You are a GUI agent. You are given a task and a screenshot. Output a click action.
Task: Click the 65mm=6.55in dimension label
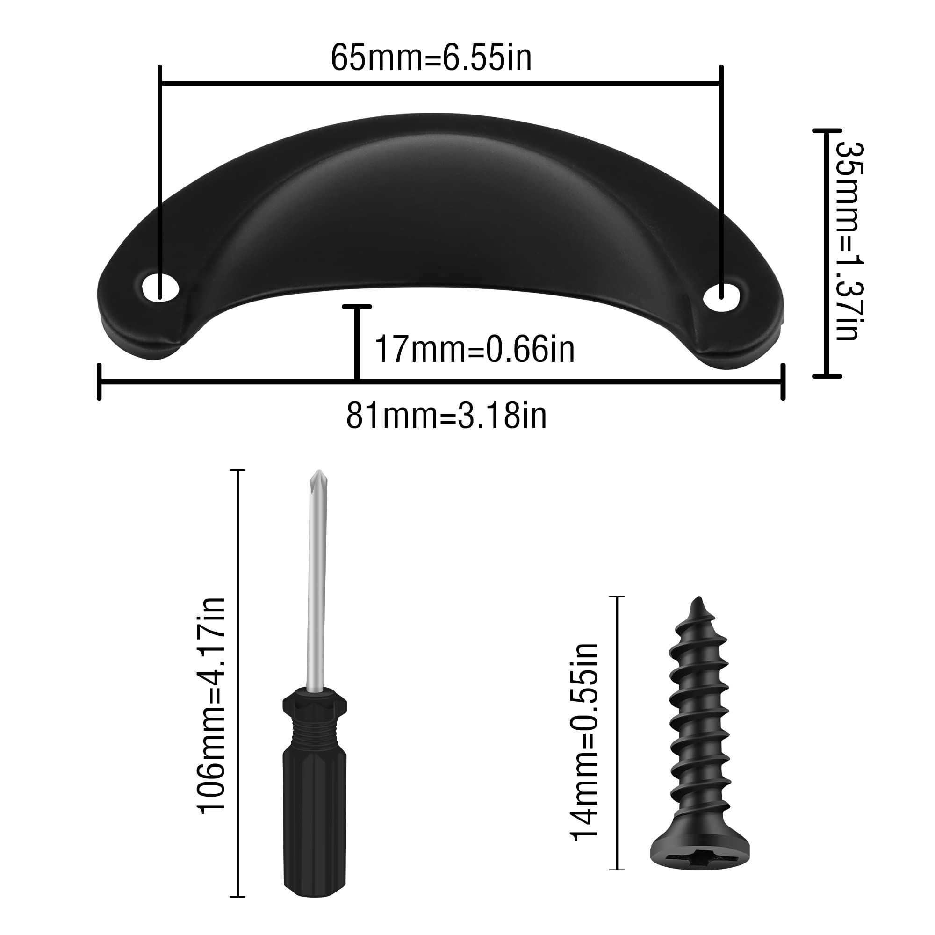431,58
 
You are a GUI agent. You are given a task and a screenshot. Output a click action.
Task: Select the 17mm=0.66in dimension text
475,349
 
